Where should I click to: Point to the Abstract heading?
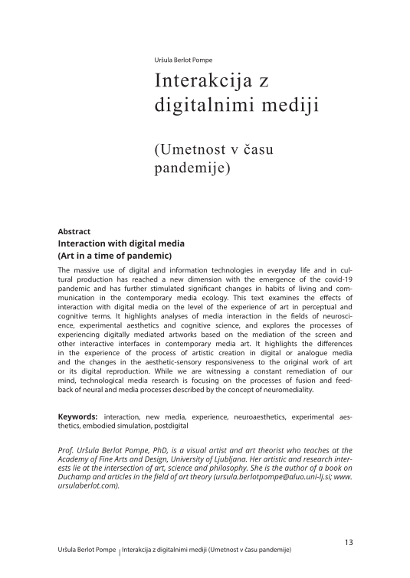pos(74,231)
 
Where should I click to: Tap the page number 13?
pos(349,543)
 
